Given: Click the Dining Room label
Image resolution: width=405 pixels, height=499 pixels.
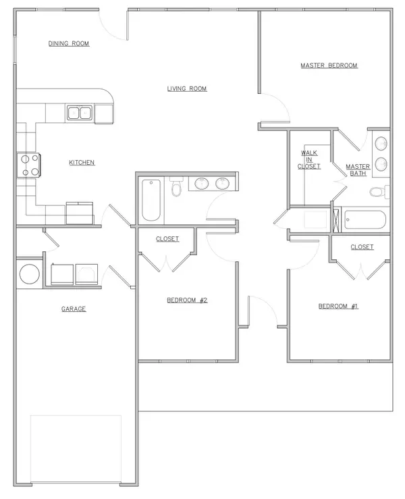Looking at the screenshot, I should (69, 44).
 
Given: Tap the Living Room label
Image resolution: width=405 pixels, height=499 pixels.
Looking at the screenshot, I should (187, 88).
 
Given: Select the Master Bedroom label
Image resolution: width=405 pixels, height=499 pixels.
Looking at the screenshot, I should (329, 65).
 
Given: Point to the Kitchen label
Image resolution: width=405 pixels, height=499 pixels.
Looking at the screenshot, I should (82, 163).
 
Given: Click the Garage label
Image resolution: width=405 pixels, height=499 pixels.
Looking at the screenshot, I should (73, 309).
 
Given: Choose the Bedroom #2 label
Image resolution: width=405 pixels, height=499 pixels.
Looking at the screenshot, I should (187, 300).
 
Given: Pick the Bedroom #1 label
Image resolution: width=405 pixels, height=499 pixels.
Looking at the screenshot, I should (337, 306).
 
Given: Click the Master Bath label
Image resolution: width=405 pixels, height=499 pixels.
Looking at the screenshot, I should (358, 169).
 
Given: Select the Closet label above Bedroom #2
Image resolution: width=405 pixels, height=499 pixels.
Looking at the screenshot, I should (167, 239).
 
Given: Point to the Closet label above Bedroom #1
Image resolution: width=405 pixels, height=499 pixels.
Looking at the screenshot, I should (362, 247).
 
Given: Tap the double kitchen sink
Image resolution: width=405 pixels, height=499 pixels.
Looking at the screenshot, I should (79, 113).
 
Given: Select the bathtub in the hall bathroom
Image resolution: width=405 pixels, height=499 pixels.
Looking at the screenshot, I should (152, 199).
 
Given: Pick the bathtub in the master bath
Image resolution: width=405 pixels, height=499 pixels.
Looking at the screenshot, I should (364, 220).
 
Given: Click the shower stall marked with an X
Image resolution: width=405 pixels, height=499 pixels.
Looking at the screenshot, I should (335, 219).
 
